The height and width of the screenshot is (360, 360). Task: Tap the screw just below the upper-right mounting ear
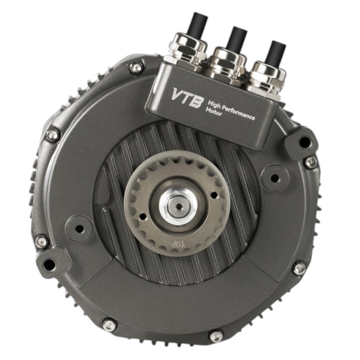pyautogui.click(x=310, y=163)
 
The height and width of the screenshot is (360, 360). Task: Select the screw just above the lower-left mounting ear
pyautogui.click(x=41, y=241)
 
